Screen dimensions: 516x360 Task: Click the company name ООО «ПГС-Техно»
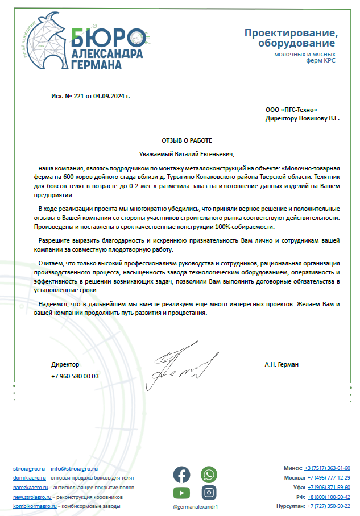point(291,110)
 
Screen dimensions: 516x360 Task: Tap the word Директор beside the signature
point(65,364)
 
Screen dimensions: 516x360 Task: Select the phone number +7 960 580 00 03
point(75,376)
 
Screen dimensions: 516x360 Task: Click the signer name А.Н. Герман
point(282,364)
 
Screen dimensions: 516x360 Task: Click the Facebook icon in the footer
point(181,474)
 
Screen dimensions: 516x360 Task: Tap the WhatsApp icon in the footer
point(209,474)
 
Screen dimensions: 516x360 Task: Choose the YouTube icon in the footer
point(181,493)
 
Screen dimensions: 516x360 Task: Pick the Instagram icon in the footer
point(209,493)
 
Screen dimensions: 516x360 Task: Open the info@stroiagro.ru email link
point(74,468)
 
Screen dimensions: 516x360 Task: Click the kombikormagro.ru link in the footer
point(35,505)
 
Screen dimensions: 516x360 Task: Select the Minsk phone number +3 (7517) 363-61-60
point(327,468)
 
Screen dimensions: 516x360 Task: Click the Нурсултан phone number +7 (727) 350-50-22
point(329,506)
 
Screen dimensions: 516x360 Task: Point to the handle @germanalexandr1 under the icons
point(195,506)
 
